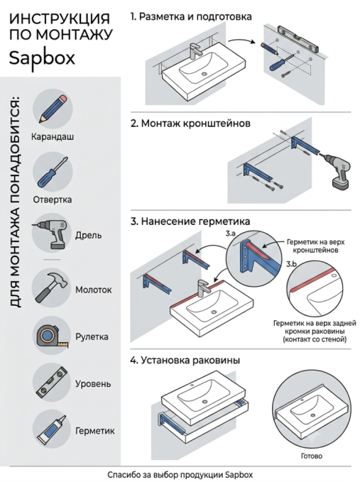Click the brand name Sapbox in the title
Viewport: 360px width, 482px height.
[42, 58]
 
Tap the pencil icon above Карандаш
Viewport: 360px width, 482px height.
[53, 109]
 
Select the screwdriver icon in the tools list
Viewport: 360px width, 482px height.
[53, 172]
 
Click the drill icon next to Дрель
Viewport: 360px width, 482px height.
[50, 234]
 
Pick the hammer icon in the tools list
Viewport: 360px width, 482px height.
[51, 287]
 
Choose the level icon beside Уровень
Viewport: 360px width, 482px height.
[51, 383]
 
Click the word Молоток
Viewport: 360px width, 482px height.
[94, 290]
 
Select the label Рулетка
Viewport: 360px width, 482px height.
[92, 337]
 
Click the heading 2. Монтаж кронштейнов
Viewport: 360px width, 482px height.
[190, 124]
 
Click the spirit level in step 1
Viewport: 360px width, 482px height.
[298, 38]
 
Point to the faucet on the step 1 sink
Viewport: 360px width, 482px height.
[194, 51]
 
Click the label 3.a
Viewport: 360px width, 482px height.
[230, 234]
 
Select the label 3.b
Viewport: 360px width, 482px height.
[291, 264]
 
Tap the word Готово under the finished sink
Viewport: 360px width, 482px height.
[312, 456]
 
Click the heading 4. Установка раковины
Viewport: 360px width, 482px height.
[185, 361]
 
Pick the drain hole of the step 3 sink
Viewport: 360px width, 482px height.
[214, 312]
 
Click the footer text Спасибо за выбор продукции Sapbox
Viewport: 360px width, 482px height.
[180, 474]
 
